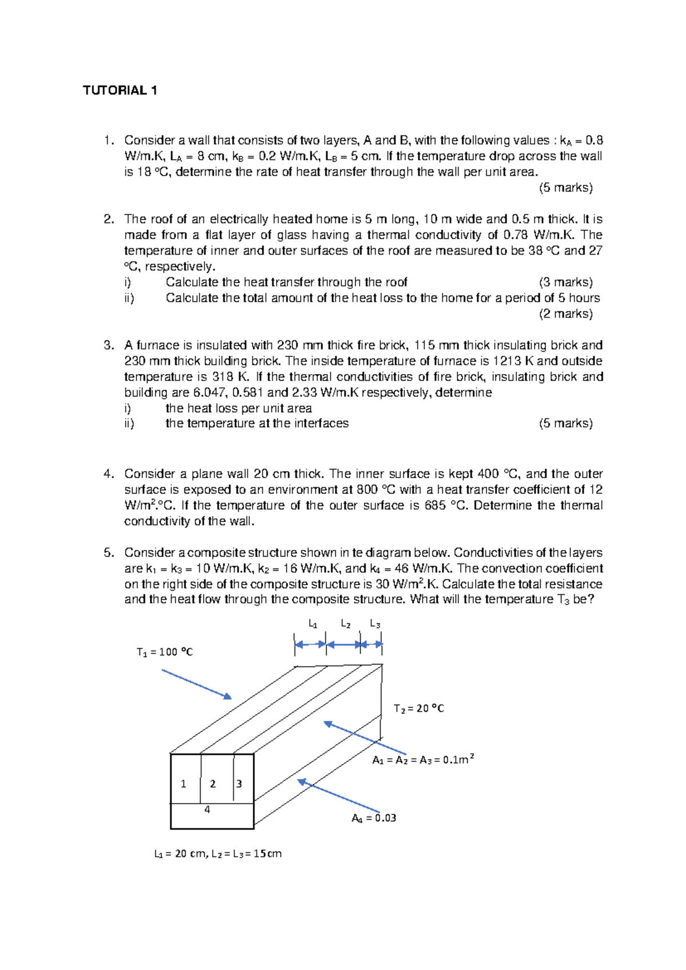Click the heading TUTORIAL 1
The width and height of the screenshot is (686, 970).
(x=120, y=90)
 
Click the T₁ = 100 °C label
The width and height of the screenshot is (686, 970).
(x=165, y=652)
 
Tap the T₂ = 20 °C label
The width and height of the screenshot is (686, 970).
(x=418, y=709)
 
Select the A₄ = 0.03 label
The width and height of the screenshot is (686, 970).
(x=374, y=818)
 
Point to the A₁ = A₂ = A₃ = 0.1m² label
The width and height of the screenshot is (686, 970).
(x=423, y=760)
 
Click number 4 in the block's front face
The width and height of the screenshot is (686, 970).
(x=207, y=810)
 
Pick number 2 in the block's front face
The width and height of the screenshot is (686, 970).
(x=213, y=784)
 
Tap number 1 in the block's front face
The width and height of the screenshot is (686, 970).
(x=183, y=784)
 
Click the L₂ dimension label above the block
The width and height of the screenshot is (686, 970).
(x=346, y=624)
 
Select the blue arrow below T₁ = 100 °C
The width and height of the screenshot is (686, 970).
(x=197, y=685)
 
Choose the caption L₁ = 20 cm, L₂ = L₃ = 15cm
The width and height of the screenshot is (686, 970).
(x=218, y=854)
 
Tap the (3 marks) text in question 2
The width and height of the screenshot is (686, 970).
(x=566, y=282)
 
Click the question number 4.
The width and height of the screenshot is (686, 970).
(x=109, y=474)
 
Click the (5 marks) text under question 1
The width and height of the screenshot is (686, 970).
(x=566, y=188)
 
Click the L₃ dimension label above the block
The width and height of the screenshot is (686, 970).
(x=375, y=624)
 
